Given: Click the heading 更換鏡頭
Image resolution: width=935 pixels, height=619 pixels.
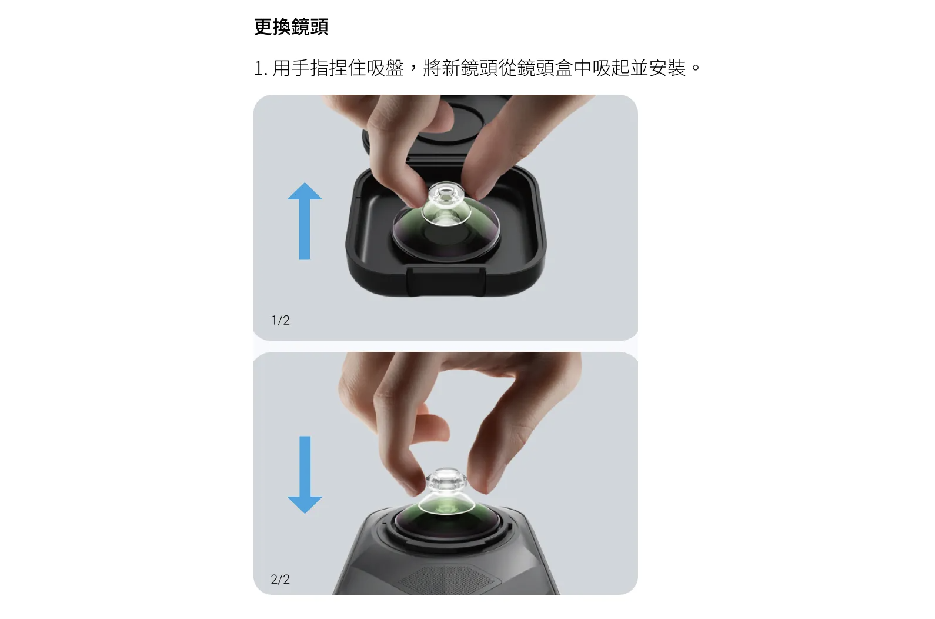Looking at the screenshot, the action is [291, 26].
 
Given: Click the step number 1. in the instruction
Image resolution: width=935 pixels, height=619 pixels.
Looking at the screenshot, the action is [261, 68].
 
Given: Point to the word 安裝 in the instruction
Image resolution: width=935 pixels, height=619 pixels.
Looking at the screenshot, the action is [667, 68].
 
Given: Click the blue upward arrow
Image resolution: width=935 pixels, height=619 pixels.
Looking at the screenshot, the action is [305, 221].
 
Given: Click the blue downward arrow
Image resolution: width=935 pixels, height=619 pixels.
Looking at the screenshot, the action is [305, 475].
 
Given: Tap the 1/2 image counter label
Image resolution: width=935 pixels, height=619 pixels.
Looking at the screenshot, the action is [280, 320].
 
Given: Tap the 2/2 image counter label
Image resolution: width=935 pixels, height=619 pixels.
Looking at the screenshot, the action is [280, 580].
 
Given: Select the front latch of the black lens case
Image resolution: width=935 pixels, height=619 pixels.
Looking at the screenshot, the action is [446, 281].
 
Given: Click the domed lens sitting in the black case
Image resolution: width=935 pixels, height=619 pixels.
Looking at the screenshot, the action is [446, 232].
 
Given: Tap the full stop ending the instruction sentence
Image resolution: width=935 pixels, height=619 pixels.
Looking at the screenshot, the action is [696, 67].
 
